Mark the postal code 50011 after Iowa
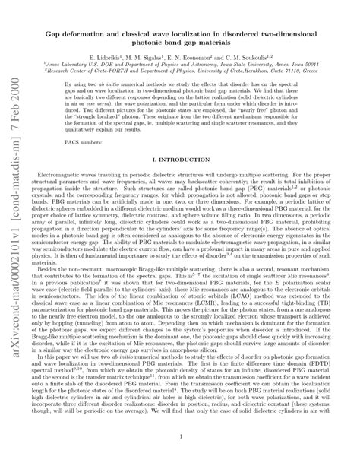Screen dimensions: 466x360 (x=326, y=65)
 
